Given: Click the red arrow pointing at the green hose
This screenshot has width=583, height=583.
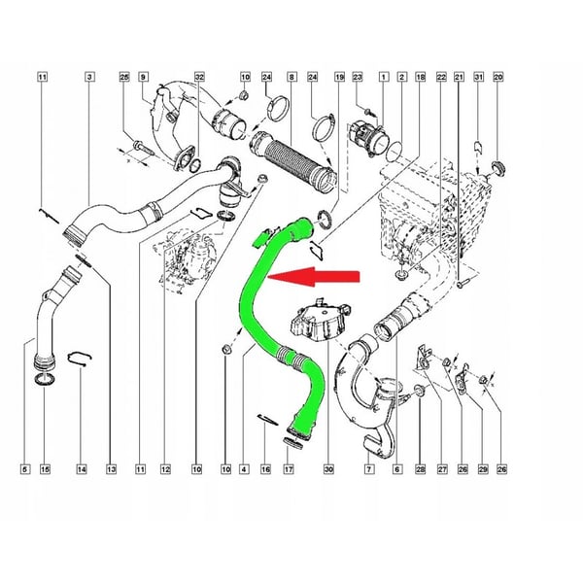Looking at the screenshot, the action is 314,276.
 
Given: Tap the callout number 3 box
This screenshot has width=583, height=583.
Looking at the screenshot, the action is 89,77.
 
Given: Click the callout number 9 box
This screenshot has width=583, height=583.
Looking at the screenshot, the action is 143,77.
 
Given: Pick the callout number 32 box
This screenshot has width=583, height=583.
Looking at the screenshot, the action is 199,77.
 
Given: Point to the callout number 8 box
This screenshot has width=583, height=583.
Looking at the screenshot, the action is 291,77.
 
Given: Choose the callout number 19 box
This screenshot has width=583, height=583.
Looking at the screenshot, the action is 339,77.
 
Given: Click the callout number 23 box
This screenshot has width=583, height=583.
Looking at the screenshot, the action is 358,77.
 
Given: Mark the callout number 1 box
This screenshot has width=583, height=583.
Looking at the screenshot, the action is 384,77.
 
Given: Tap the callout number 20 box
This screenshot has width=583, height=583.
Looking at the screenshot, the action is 497,77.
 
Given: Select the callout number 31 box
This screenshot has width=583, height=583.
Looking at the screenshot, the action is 478,77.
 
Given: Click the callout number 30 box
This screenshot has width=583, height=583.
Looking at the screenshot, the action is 328,469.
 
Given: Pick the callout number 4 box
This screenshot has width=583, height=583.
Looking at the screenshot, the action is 244,469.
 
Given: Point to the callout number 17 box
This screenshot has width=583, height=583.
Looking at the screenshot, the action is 289,469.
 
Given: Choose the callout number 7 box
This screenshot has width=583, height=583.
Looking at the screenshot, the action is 368,469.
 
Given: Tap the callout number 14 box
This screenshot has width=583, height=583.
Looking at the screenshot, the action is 82,469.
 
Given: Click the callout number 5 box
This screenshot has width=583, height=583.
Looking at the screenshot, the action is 24,469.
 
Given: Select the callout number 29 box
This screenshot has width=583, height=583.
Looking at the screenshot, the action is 483,469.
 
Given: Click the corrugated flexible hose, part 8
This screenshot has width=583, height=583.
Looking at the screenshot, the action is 293,161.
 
